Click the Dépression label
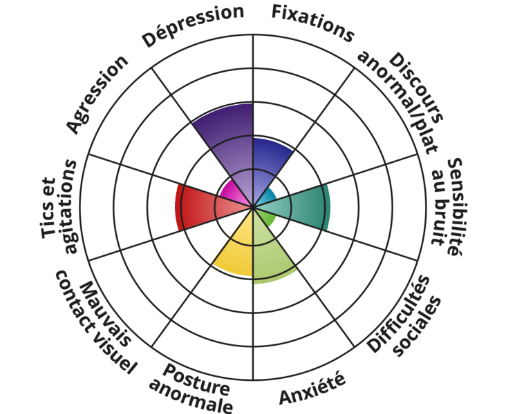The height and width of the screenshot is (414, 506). click(x=194, y=26)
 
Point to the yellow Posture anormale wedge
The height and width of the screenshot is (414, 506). click(x=235, y=248)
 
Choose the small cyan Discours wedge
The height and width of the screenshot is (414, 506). click(x=266, y=197)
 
